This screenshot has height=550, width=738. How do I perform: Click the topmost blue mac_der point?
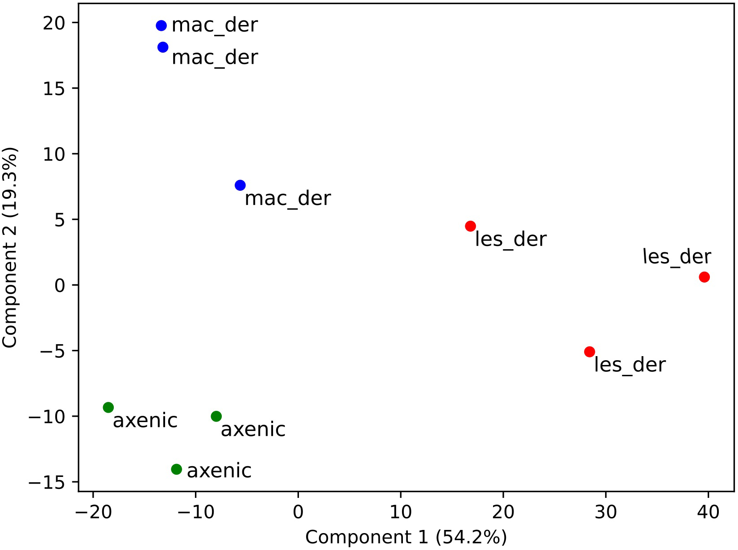pyautogui.click(x=161, y=25)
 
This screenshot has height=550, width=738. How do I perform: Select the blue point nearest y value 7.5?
pyautogui.click(x=240, y=185)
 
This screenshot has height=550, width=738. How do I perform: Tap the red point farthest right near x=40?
pyautogui.click(x=704, y=277)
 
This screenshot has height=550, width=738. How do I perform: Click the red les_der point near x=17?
pyautogui.click(x=470, y=226)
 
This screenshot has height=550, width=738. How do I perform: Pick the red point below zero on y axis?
pyautogui.click(x=589, y=352)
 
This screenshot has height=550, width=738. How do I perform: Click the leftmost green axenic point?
pyautogui.click(x=108, y=407)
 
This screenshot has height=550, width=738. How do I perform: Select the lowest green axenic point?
pyautogui.click(x=176, y=469)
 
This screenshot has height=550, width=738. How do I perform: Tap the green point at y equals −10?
pyautogui.click(x=216, y=416)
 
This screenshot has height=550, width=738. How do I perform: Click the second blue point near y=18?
pyautogui.click(x=163, y=47)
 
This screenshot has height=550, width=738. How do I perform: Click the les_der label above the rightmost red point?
pyautogui.click(x=676, y=257)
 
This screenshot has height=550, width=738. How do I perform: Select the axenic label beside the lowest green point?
pyautogui.click(x=219, y=471)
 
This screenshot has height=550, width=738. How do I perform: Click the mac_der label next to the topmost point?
pyautogui.click(x=215, y=25)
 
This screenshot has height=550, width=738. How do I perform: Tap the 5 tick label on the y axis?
pyautogui.click(x=60, y=220)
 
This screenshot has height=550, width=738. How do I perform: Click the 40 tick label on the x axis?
pyautogui.click(x=708, y=512)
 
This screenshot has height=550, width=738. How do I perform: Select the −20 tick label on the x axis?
pyautogui.click(x=93, y=512)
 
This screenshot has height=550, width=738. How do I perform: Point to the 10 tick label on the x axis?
pyautogui.click(x=400, y=512)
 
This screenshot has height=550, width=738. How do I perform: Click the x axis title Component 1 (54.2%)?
pyautogui.click(x=406, y=537)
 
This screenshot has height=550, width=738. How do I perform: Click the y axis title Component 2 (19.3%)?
pyautogui.click(x=10, y=247)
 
